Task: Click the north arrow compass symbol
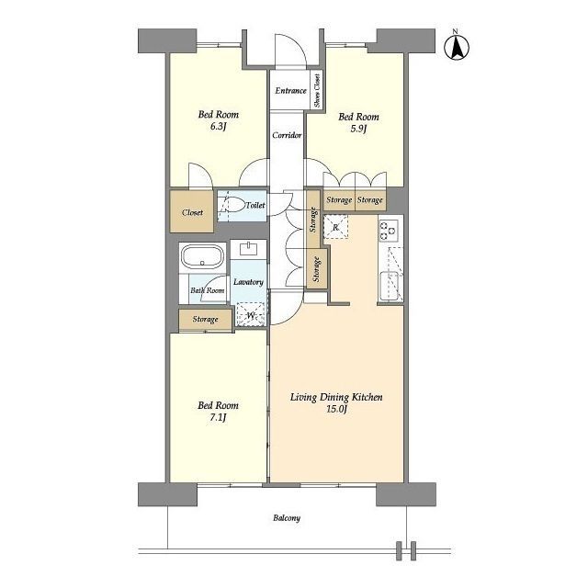point(457,46)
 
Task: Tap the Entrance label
point(290,91)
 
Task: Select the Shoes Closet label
point(317,90)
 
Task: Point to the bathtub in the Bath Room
point(202,256)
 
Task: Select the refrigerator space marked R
point(335,227)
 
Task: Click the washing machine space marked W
point(251,314)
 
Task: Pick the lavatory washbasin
point(248,249)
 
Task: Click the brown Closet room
point(192,211)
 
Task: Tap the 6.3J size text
point(219,127)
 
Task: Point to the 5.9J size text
point(358,129)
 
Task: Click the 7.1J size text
point(218,417)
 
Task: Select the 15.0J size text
point(336,409)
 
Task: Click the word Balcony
point(287,518)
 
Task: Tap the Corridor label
point(287,135)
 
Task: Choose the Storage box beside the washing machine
point(205,320)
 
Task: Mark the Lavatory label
point(248,282)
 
